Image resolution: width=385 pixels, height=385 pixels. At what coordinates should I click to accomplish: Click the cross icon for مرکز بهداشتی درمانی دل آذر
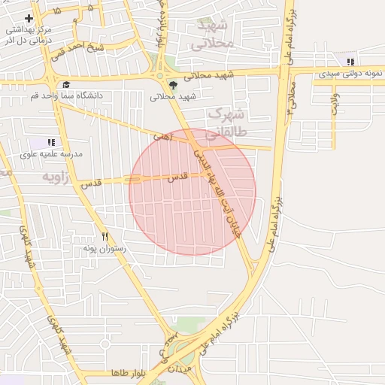29,17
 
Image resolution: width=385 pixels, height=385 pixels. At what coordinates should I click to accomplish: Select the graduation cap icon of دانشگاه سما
66,85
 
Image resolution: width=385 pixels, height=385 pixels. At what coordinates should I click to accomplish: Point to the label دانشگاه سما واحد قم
66,95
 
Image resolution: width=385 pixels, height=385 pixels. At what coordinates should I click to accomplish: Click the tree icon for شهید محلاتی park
174,85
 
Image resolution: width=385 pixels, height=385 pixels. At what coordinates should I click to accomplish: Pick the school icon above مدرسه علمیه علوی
51,141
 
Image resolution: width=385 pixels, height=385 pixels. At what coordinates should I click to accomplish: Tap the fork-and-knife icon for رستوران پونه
105,236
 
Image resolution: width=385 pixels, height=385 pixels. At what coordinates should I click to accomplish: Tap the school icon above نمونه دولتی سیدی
350,61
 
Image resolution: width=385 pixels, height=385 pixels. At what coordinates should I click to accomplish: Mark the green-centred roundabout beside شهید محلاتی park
159,74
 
